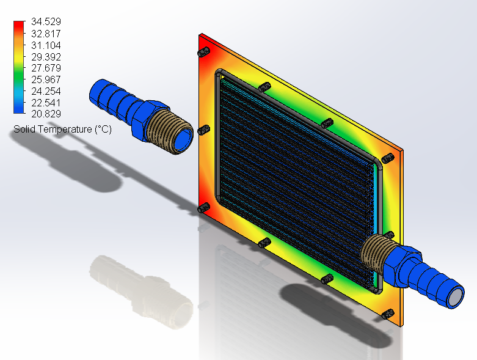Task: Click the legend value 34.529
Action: [46, 21]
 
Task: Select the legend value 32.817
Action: [46, 34]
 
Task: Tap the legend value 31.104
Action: [46, 45]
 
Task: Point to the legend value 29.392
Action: [46, 57]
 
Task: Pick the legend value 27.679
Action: [46, 68]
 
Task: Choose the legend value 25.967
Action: [46, 79]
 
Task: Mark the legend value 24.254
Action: [46, 91]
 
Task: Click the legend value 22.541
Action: [46, 103]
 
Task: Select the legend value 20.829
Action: [46, 114]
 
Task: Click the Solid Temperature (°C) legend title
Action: [63, 130]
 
